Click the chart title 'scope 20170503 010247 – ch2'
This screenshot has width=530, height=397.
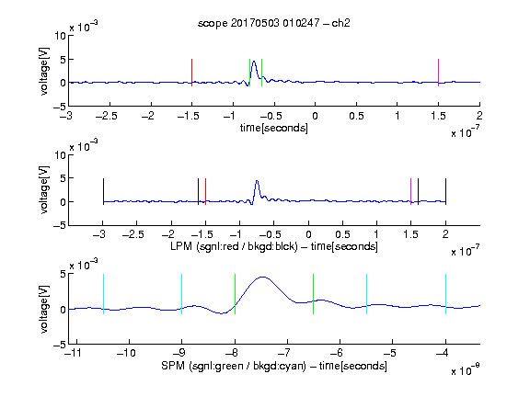pyautogui.click(x=274, y=23)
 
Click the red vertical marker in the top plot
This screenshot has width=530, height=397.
pyautogui.click(x=192, y=73)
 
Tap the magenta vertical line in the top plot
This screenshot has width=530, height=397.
pyautogui.click(x=438, y=73)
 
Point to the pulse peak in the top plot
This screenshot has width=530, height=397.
pyautogui.click(x=254, y=62)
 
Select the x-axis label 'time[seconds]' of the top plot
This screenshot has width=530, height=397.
pyautogui.click(x=274, y=129)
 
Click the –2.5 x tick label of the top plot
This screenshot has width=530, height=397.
pyautogui.click(x=107, y=117)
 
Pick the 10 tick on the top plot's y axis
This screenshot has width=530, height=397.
pyautogui.click(x=61, y=36)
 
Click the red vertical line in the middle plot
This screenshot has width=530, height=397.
pyautogui.click(x=205, y=191)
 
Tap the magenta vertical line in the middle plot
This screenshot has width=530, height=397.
pyautogui.click(x=411, y=191)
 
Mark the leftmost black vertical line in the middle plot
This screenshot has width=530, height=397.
pyautogui.click(x=103, y=191)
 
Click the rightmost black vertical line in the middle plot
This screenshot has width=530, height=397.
pyautogui.click(x=446, y=191)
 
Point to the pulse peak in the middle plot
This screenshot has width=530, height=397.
pyautogui.click(x=258, y=182)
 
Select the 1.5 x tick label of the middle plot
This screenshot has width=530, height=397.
pyautogui.click(x=410, y=234)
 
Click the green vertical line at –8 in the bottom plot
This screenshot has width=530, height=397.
pyautogui.click(x=235, y=294)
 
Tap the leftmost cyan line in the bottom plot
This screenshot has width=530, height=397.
pyautogui.click(x=103, y=294)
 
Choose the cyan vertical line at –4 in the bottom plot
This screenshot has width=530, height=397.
pyautogui.click(x=446, y=294)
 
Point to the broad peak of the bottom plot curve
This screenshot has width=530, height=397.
pyautogui.click(x=262, y=278)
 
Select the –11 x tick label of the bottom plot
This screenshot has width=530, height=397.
pyautogui.click(x=74, y=354)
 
